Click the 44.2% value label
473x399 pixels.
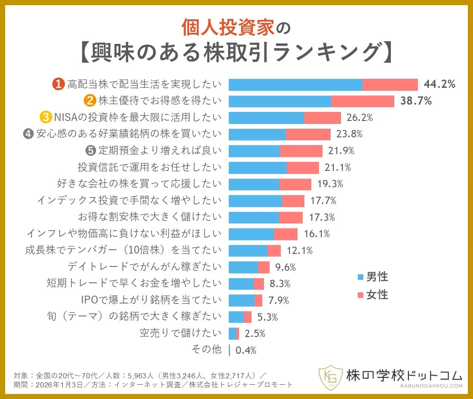439,84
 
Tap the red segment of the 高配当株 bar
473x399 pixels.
390,85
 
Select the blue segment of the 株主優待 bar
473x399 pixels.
279,101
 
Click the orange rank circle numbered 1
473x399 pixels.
58,84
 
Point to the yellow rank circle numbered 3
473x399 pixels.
46,118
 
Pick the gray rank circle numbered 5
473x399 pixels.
90,151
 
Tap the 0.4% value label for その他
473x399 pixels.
246,350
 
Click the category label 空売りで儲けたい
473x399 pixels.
181,333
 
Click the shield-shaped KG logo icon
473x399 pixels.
330,378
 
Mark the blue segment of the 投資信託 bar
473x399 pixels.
258,167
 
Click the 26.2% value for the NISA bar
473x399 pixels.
360,118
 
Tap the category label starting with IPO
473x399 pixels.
151,300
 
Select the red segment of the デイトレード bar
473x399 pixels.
264,267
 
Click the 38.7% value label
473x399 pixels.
415,101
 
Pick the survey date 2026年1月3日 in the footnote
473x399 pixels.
59,384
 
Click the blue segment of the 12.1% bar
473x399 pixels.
248,251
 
